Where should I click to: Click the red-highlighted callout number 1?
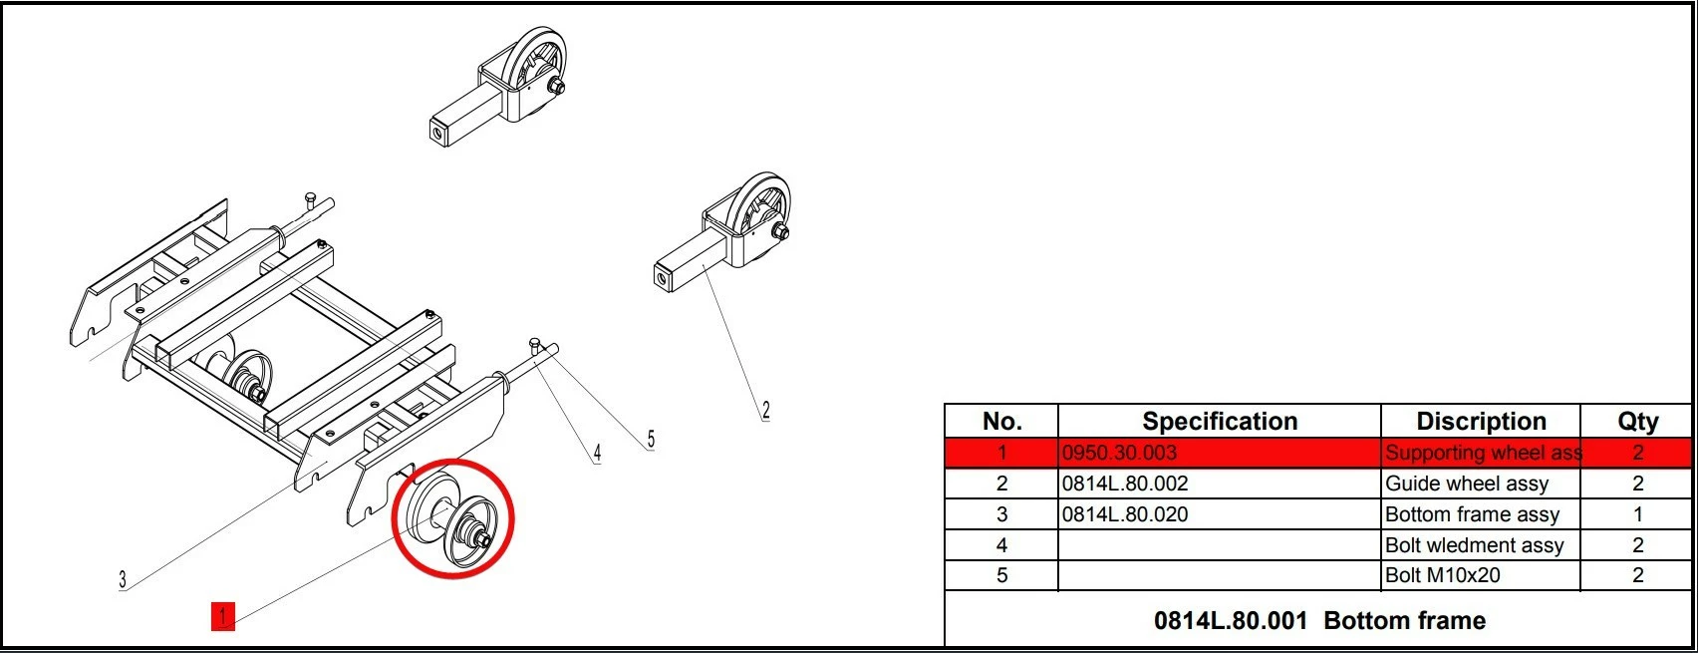pos(223,616)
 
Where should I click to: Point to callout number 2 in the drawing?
pos(765,411)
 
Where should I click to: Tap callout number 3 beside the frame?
pos(123,580)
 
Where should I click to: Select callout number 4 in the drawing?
pos(597,454)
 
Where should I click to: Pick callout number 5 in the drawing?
pos(651,439)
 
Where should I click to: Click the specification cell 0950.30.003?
pos(1119,453)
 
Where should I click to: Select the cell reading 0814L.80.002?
pos(1125,484)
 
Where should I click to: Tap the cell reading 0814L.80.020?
pos(1125,514)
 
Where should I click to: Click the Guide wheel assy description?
pos(1467,484)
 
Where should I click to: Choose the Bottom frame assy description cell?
pos(1472,514)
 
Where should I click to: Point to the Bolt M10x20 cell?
pos(1443,575)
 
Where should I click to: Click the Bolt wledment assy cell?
pos(1475,544)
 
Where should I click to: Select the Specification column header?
pos(1220,421)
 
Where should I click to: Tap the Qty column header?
pos(1637,422)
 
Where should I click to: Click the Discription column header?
pos(1481,421)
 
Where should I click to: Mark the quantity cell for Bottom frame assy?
pos(1637,514)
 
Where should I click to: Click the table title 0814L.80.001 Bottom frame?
pos(1319,620)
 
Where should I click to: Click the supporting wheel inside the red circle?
pos(452,519)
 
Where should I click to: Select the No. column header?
pos(1002,421)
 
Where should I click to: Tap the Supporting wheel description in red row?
pos(1484,453)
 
